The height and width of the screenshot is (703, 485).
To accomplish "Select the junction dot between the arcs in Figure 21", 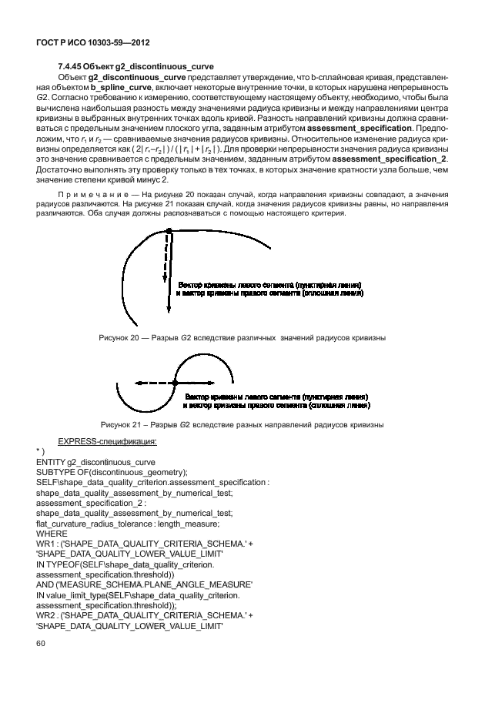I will click(x=176, y=382).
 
